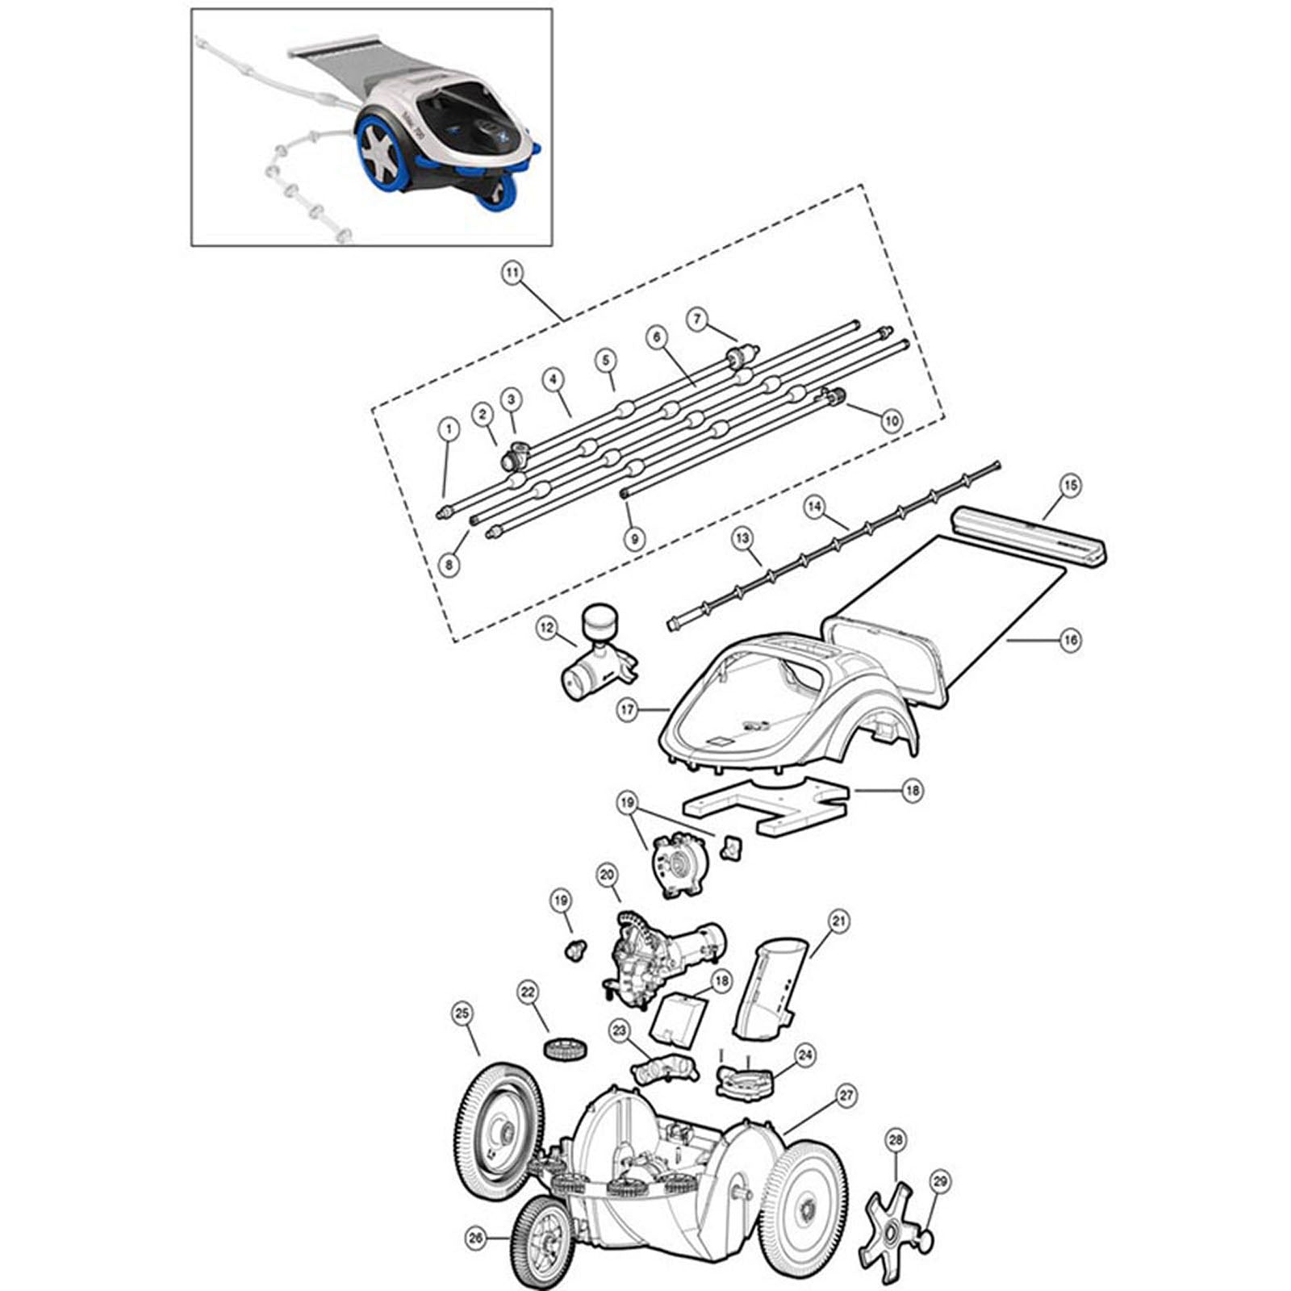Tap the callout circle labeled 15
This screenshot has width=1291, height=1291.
[x=1071, y=486]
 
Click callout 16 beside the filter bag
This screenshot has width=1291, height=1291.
[x=1071, y=640]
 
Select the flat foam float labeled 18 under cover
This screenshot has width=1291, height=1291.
[x=762, y=805]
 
